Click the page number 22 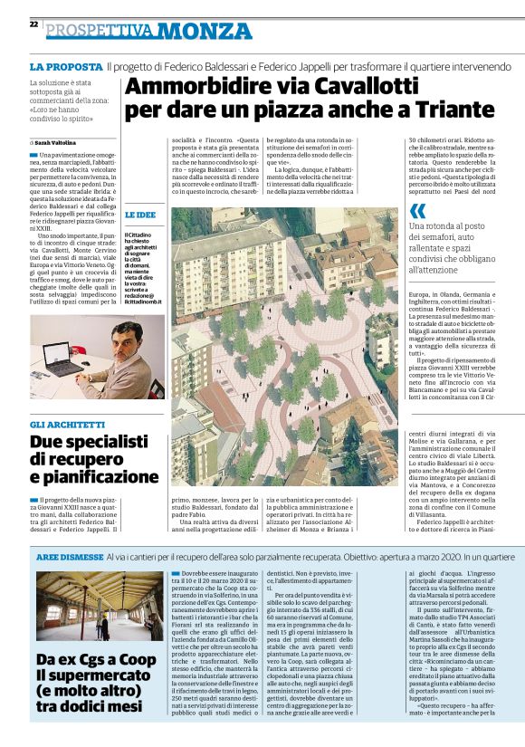33,24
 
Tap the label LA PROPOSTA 65,67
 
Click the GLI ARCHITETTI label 67,425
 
